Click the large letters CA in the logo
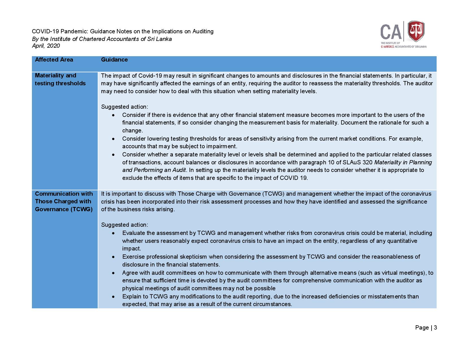tap(391, 32)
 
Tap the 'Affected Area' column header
tap(54, 60)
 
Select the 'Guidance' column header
tap(114, 60)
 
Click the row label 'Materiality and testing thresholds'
tap(60, 79)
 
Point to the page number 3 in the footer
tap(435, 328)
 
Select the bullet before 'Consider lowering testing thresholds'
tap(113, 139)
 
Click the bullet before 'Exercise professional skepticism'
tap(113, 257)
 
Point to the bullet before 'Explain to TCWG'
tap(113, 297)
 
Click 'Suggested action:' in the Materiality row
tap(125, 107)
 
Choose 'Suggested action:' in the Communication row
tap(125, 225)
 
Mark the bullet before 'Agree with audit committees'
tap(113, 273)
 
